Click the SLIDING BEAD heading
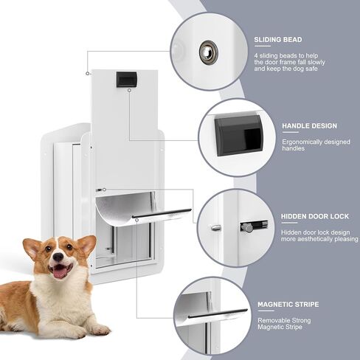pos(278,40)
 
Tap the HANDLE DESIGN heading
pos(309,126)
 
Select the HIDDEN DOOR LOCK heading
pos(315,216)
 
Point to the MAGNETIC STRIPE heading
pos(288,305)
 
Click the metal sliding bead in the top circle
pos(208,52)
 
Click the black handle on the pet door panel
pos(126,80)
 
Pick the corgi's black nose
pos(58,257)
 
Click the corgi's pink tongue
pos(59,272)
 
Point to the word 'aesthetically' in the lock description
pos(315,239)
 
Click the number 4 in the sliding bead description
pos(256,56)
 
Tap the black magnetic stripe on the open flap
pos(162,213)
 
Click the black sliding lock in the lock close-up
pos(254,226)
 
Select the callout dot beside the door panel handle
pos(129,91)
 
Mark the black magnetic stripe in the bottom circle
pos(218,314)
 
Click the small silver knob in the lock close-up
pos(216,228)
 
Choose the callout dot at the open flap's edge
pos(137,220)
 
